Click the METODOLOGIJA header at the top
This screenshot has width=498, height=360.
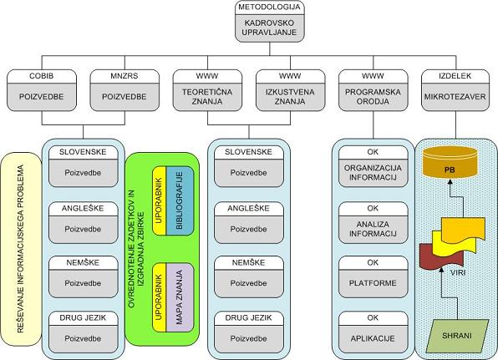[269, 7]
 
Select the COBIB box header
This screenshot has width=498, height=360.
[42, 76]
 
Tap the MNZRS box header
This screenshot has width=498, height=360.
[124, 76]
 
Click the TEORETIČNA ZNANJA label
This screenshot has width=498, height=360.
[207, 97]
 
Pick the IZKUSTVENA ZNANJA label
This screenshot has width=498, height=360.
[290, 97]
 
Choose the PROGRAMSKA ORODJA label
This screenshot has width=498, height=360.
[373, 97]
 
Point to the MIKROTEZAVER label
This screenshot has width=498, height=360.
[455, 97]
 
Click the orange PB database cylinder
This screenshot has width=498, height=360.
[450, 163]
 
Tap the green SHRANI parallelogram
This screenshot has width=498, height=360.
[457, 336]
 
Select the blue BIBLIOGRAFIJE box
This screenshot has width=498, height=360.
[180, 200]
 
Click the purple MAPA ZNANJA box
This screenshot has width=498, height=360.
[180, 297]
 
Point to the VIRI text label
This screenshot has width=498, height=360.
[458, 272]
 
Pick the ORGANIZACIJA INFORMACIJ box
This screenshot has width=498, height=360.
[373, 166]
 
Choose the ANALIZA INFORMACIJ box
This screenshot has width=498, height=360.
[373, 222]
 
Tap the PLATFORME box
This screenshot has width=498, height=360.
[373, 276]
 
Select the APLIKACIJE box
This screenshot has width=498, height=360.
[373, 332]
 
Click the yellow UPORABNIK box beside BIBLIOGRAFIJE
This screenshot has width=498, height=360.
[160, 200]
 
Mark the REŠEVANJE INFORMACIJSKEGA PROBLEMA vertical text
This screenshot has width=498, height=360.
[21, 249]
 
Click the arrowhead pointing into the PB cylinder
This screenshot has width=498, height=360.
[450, 181]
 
